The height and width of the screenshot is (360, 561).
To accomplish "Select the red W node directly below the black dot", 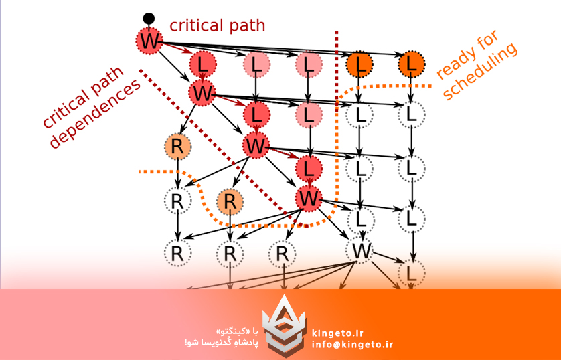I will coord(150,41).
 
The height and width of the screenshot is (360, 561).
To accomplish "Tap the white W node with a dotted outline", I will coord(362,251).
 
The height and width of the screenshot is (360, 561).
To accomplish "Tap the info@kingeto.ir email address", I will coord(352,345).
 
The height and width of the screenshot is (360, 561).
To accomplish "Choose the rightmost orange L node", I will coord(412,64).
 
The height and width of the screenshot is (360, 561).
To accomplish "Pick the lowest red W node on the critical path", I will coord(309,198).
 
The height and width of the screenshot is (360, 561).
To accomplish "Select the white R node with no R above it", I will coord(282,254).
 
